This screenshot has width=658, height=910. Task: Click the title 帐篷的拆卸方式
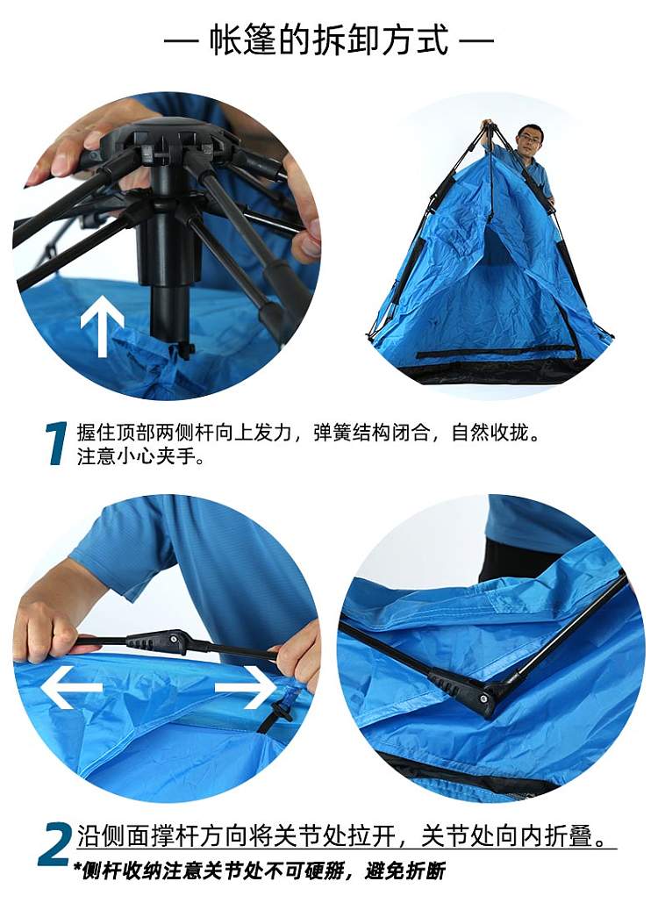tap(329, 40)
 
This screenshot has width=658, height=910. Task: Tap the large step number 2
tap(55, 844)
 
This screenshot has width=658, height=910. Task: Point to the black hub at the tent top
tap(168, 142)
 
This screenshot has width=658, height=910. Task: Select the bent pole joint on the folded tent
tap(464, 691)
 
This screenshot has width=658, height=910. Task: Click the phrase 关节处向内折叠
tap(513, 836)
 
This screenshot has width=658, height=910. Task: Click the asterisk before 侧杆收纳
tap(77, 868)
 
